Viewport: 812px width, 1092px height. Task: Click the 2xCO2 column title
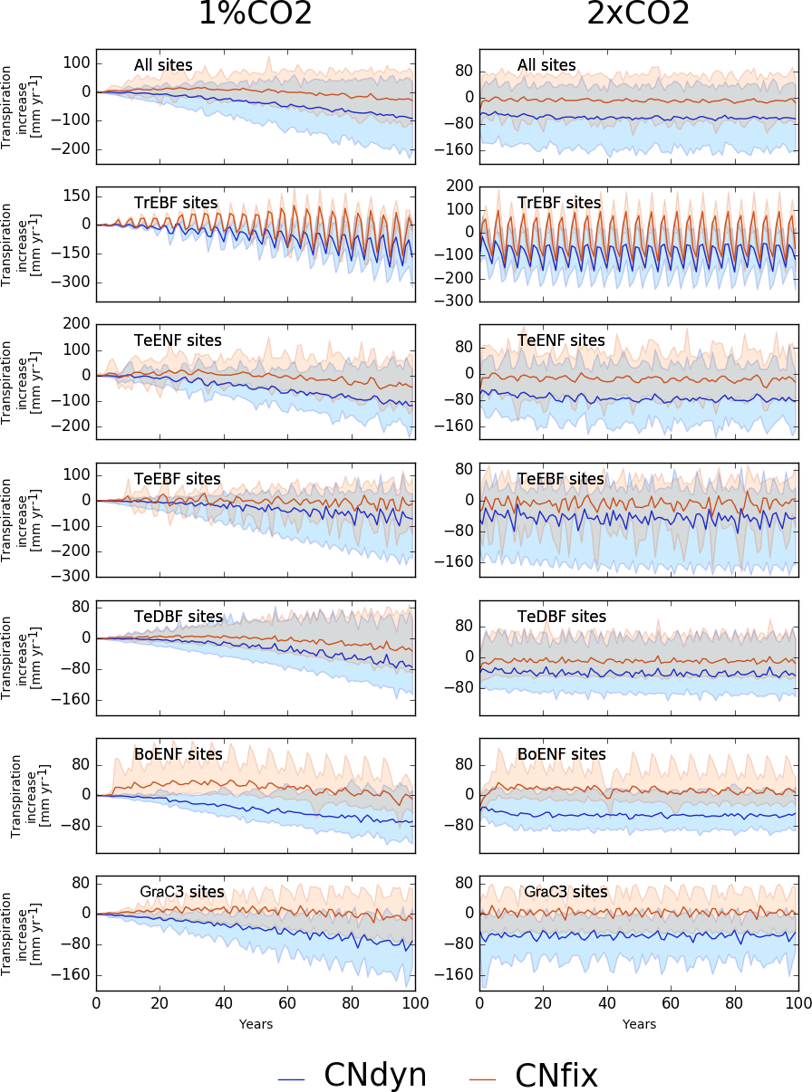tap(638, 15)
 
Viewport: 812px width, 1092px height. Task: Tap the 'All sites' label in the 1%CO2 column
tap(163, 65)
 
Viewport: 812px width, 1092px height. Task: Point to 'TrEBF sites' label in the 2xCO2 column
tap(559, 203)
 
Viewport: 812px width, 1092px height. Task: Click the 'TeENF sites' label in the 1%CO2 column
tap(178, 340)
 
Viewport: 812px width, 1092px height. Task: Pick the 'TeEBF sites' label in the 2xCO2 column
tap(560, 479)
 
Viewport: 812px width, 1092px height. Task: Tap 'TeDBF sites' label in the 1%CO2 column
tap(179, 617)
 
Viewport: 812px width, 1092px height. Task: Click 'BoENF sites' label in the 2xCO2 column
tap(561, 754)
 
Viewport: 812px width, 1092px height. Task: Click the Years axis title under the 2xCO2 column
tap(639, 1024)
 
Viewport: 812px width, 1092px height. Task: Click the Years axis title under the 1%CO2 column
tap(256, 1024)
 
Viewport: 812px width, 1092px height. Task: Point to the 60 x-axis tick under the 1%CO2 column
tap(287, 1003)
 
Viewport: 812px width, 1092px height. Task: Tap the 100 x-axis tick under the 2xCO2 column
tap(797, 1003)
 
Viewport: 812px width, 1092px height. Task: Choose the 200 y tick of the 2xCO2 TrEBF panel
tap(462, 186)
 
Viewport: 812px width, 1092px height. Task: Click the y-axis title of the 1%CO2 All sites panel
tap(19, 106)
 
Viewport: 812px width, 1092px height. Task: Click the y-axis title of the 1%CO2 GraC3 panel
tap(19, 933)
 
